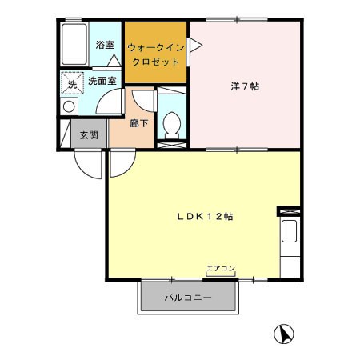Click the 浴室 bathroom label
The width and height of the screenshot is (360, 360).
105,45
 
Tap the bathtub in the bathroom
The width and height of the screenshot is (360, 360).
74,44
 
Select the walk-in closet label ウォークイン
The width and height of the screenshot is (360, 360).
156,48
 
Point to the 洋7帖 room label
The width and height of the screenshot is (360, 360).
245,86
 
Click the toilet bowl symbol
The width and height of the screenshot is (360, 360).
172,125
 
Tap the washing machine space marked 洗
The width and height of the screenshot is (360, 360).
73,83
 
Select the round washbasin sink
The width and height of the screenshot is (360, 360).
69,107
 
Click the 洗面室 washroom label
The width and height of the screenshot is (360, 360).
102,81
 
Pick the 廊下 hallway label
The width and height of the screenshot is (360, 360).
139,123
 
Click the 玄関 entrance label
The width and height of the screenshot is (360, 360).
89,135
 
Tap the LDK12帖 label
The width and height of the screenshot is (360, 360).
205,216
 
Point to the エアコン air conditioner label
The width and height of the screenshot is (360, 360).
221,268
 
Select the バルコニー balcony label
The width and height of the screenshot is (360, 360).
188,298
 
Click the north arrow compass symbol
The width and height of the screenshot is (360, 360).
284,334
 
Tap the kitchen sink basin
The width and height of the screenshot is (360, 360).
290,231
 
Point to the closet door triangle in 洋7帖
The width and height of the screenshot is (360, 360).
195,46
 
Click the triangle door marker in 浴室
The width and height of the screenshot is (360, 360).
114,61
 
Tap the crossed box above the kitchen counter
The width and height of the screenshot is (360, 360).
289,211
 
